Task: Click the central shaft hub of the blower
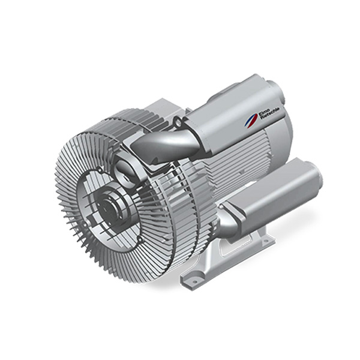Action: coord(109,207)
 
